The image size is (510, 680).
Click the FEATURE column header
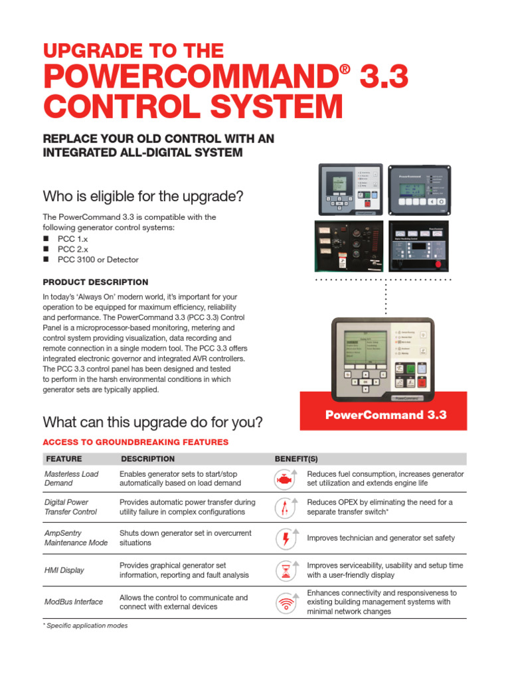pyautogui.click(x=64, y=459)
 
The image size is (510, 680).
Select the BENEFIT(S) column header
pyautogui.click(x=300, y=459)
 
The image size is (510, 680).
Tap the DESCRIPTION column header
pyautogui.click(x=147, y=459)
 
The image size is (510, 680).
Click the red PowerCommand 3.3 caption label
pyautogui.click(x=385, y=415)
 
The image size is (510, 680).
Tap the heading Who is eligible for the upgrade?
pyautogui.click(x=143, y=197)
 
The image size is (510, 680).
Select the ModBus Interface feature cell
pyautogui.click(x=74, y=602)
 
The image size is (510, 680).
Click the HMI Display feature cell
pyautogui.click(x=64, y=570)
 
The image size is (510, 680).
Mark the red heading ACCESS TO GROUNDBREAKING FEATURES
pyautogui.click(x=135, y=442)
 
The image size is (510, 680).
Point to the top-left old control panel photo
pyautogui.click(x=350, y=189)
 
